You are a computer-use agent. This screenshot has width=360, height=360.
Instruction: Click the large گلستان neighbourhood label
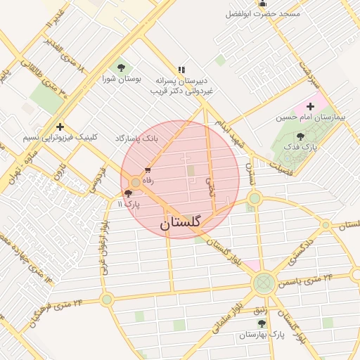tap(181, 223)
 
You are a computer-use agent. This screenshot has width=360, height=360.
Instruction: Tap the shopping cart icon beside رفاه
tap(148, 170)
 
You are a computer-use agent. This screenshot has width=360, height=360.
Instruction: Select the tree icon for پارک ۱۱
tap(127, 193)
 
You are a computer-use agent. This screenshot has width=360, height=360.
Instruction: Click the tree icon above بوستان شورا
tap(122, 67)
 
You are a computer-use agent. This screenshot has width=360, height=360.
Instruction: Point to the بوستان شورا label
tap(122, 79)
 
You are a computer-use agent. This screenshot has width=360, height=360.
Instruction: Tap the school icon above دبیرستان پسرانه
tap(182, 70)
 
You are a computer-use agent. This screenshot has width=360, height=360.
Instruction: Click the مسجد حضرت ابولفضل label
tap(262, 14)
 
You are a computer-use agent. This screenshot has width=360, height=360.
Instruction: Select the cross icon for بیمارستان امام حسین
tap(310, 105)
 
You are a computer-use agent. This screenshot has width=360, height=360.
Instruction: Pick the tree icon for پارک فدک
tap(301, 136)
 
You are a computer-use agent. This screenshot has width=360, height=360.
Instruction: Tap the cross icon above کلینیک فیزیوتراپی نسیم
tap(60, 127)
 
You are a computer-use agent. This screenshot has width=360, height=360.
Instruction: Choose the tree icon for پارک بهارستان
tap(262, 323)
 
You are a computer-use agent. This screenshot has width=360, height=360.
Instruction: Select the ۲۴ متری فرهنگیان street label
tap(57, 311)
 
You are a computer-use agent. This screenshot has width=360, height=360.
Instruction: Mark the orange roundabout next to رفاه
tap(135, 183)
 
